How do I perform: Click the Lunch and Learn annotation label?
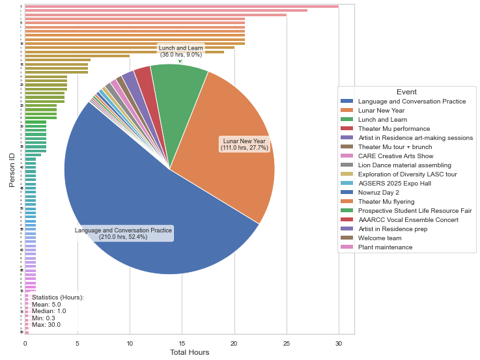point(180,51)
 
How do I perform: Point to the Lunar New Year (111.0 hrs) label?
point(244,145)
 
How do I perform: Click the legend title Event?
point(406,92)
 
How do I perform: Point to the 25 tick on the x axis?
point(287,343)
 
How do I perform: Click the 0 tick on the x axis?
point(25,343)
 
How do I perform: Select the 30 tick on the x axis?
point(339,343)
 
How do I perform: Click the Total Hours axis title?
point(190,353)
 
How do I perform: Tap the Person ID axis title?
point(11,169)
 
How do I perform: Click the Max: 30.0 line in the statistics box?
point(46,325)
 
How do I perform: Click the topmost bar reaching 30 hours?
point(182,7)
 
